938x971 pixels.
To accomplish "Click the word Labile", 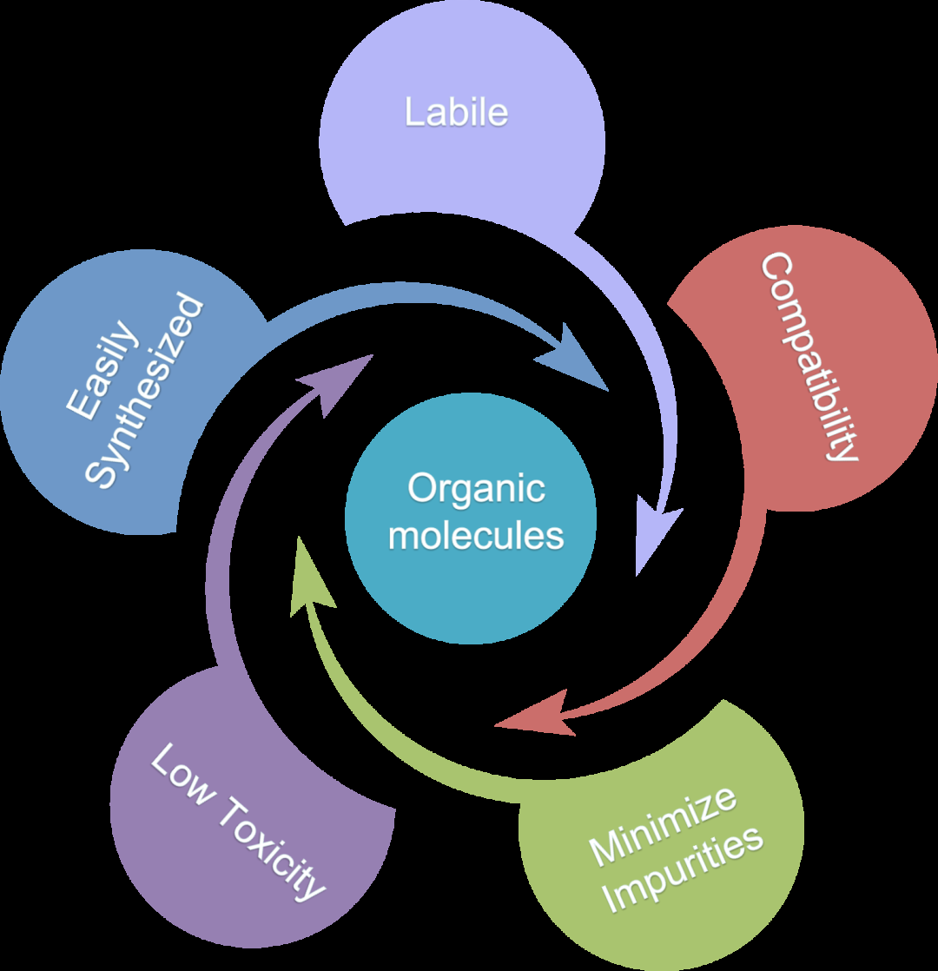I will pyautogui.click(x=456, y=113).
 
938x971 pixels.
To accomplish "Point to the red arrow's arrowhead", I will pyautogui.click(x=499, y=723).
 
